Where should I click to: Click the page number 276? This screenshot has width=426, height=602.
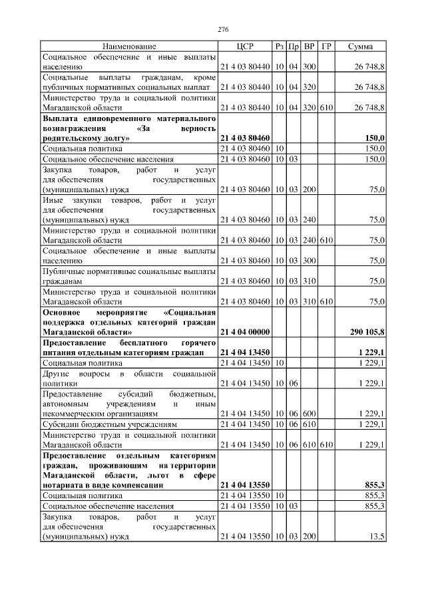pyautogui.click(x=223, y=30)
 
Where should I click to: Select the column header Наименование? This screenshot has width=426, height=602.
pyautogui.click(x=129, y=47)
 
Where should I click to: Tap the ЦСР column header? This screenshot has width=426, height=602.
pyautogui.click(x=244, y=47)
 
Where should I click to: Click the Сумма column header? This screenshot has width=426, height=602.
pyautogui.click(x=360, y=47)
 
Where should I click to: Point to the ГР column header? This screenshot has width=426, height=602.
pyautogui.click(x=326, y=47)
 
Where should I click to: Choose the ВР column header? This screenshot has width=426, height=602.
pyautogui.click(x=309, y=47)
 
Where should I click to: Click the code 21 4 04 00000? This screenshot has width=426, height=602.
pyautogui.click(x=244, y=331)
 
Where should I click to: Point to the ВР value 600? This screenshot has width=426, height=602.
pyautogui.click(x=309, y=413)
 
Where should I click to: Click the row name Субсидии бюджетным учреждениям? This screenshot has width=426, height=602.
pyautogui.click(x=110, y=424)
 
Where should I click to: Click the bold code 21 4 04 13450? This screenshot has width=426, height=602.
pyautogui.click(x=244, y=352)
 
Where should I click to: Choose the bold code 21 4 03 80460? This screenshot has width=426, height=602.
pyautogui.click(x=244, y=138)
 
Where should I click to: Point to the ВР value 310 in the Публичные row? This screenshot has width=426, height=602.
pyautogui.click(x=309, y=281)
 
